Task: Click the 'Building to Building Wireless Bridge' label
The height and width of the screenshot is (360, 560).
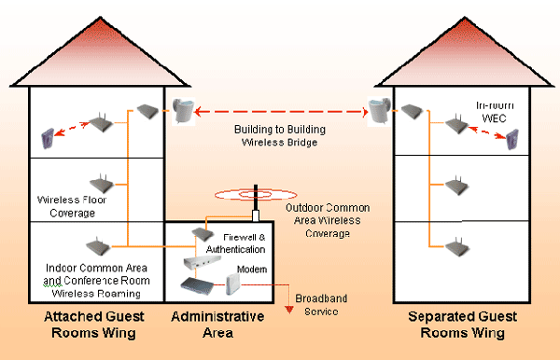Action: click(280, 135)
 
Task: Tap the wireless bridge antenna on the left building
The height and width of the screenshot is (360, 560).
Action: click(184, 111)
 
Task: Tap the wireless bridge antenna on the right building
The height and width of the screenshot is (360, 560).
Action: click(380, 111)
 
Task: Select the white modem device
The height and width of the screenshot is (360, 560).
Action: click(233, 284)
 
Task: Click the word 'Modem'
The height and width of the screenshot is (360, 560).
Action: click(252, 270)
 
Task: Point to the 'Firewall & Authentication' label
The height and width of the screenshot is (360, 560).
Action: click(236, 243)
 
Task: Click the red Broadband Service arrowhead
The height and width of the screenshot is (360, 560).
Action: click(289, 310)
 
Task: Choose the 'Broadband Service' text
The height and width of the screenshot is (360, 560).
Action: click(321, 305)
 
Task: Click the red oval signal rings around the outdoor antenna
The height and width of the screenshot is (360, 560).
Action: click(256, 195)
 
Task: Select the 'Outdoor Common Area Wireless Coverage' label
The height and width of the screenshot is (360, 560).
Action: click(328, 220)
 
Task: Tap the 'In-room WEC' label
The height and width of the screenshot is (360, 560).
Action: click(495, 112)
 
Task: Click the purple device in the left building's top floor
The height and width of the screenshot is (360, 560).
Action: click(48, 138)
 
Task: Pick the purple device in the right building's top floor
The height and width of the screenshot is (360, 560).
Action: click(512, 139)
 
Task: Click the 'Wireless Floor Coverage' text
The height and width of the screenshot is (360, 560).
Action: click(72, 206)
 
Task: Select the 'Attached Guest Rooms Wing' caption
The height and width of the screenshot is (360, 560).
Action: click(94, 325)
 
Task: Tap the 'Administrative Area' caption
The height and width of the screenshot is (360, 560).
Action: click(217, 325)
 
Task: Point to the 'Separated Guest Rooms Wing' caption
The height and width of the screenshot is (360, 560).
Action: click(463, 325)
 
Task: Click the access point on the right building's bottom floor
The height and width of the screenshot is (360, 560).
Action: click(456, 247)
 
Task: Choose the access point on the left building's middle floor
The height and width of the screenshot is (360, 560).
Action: click(102, 184)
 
